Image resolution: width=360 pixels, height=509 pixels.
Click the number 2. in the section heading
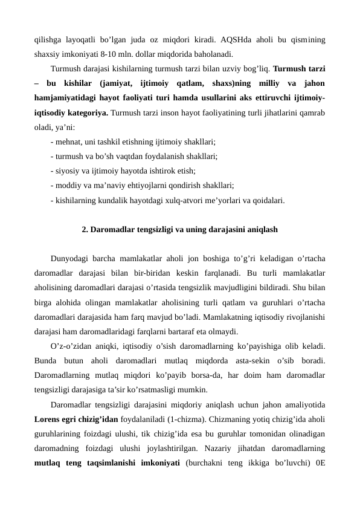coord(85,230)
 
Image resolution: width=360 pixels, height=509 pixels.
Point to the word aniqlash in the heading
coord(262,230)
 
